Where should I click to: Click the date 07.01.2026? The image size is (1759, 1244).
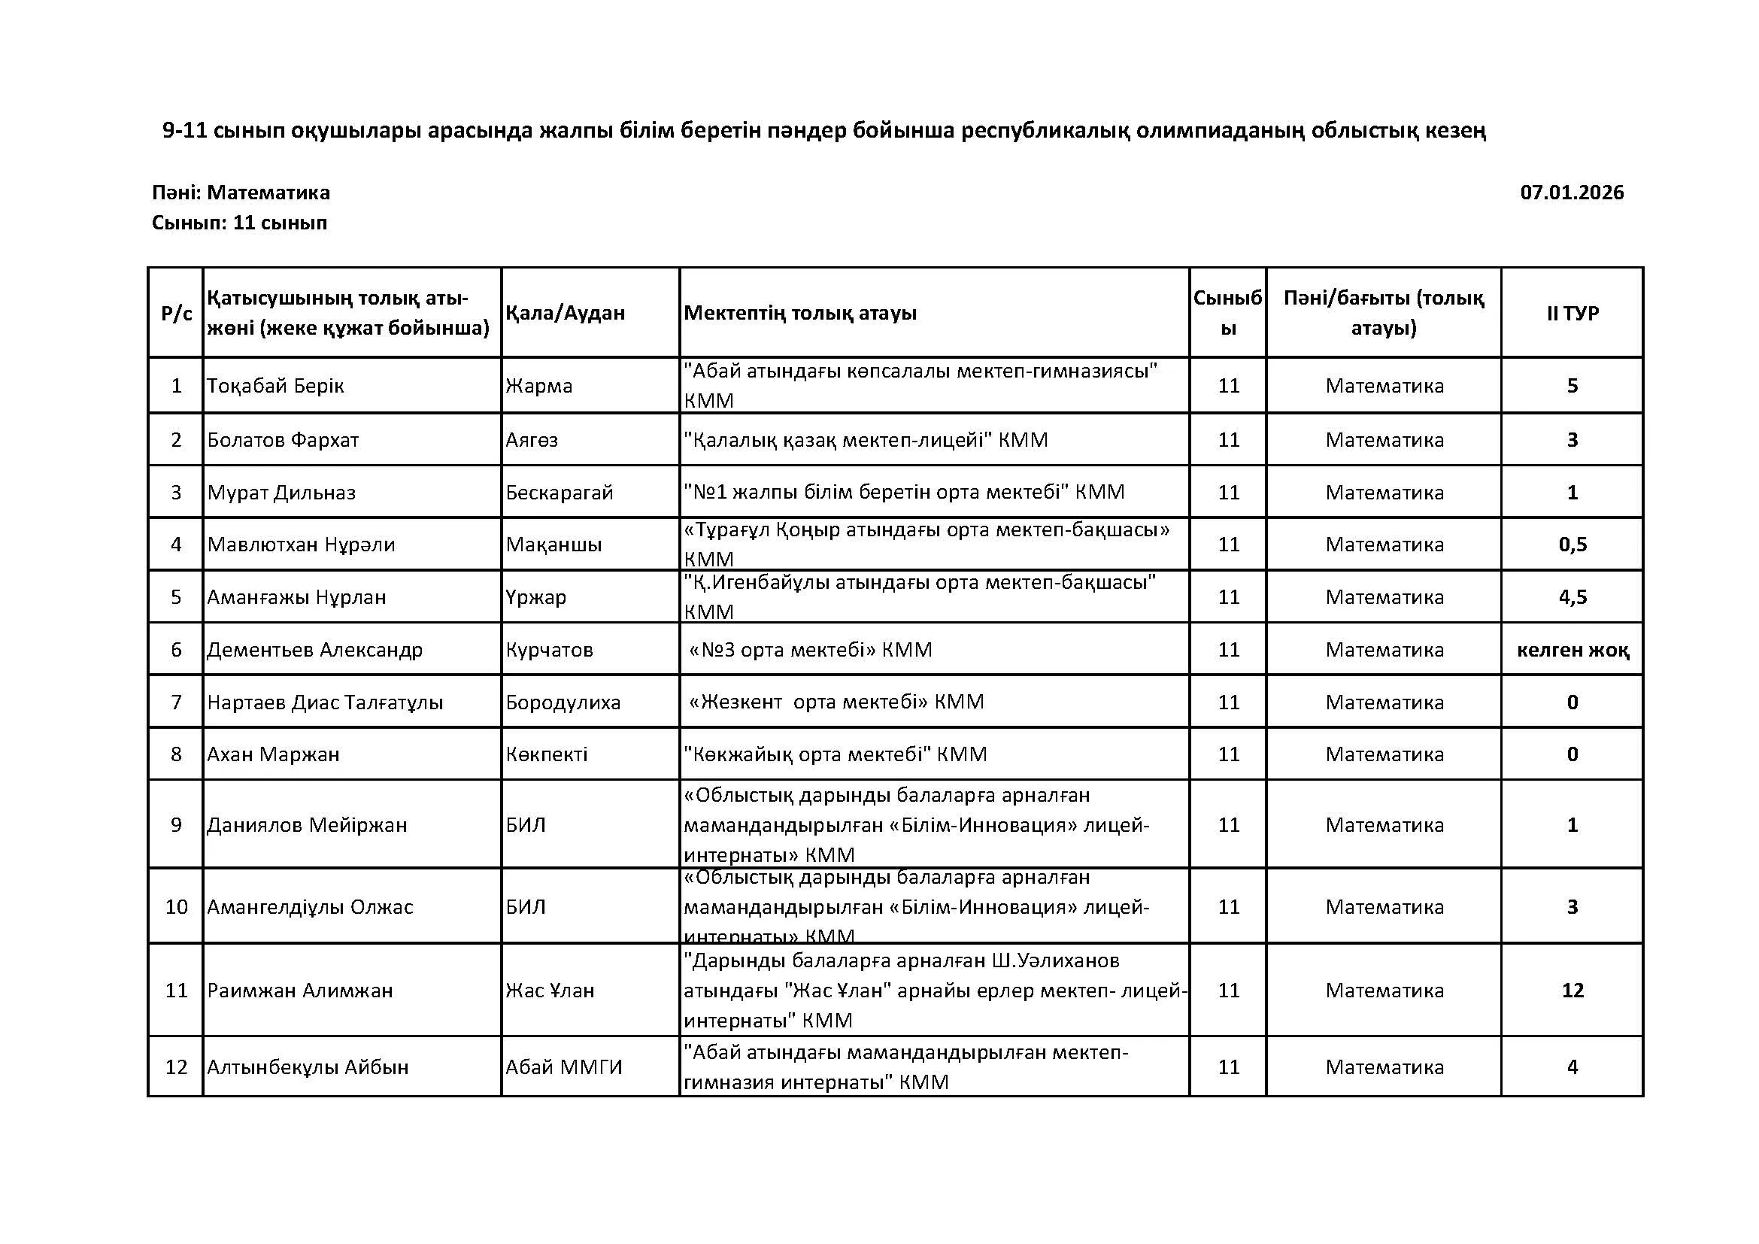1571,193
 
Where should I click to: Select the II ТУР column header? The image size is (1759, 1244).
1572,313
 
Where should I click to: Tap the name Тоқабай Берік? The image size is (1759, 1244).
275,385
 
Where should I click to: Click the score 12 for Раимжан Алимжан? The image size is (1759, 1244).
1572,990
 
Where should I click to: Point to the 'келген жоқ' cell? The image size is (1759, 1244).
1572,650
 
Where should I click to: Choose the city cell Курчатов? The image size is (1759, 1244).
548,650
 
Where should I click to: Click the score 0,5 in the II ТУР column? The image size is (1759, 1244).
1572,545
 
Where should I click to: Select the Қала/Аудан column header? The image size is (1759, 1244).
565,313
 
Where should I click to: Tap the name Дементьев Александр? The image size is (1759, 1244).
314,650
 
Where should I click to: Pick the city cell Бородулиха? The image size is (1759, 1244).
563,702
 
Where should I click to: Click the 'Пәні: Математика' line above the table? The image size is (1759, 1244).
241,193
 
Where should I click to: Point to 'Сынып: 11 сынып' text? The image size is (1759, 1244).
239,223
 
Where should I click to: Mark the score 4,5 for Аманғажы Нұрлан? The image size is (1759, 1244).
1572,596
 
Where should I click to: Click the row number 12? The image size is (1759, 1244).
176,1067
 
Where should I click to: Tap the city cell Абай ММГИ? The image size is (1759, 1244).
564,1067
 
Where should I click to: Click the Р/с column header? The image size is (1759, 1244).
176,313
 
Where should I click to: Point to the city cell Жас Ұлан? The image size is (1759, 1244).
549,990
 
